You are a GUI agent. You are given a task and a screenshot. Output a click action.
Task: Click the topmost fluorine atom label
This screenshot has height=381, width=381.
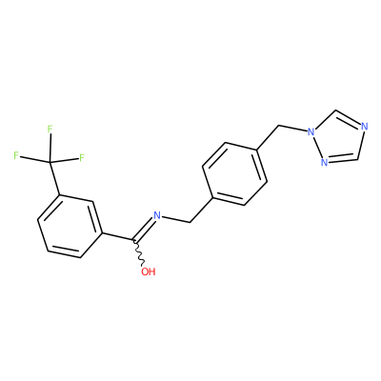(x=50, y=129)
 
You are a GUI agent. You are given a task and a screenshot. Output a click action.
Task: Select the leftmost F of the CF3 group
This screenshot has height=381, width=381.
(x=16, y=155)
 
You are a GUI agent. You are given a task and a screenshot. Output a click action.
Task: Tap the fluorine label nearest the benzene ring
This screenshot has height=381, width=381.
(x=82, y=157)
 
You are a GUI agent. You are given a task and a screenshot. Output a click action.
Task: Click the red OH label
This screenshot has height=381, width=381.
(x=149, y=271)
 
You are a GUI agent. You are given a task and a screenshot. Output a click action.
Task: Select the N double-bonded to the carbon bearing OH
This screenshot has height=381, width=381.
(x=157, y=215)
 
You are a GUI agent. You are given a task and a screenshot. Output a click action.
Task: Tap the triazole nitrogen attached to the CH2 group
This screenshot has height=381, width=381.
(x=311, y=130)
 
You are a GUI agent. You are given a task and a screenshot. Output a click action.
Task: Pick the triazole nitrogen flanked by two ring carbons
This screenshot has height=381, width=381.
(x=365, y=127)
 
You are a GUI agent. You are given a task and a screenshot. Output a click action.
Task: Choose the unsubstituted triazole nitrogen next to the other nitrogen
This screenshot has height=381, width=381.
(x=324, y=162)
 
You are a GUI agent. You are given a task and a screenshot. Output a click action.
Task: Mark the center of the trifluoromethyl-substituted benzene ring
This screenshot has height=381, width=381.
(x=70, y=226)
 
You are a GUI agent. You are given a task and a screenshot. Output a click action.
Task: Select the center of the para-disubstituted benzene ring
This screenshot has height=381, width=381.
(x=234, y=173)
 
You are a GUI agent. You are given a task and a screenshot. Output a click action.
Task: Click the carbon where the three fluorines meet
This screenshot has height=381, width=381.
(x=50, y=162)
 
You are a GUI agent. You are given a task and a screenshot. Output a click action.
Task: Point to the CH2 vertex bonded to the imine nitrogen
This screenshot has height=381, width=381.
(x=190, y=222)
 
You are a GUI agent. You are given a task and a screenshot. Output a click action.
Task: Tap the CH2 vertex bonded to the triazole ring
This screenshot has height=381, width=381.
(x=278, y=126)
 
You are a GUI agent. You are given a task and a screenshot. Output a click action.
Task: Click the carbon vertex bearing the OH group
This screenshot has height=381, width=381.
(x=135, y=241)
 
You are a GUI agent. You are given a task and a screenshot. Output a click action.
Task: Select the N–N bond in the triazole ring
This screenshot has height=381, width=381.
(x=317, y=147)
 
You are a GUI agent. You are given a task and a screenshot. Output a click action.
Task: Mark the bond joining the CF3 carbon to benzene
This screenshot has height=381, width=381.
(x=54, y=178)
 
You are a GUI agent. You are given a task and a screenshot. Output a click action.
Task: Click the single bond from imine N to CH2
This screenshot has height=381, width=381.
(x=175, y=219)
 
